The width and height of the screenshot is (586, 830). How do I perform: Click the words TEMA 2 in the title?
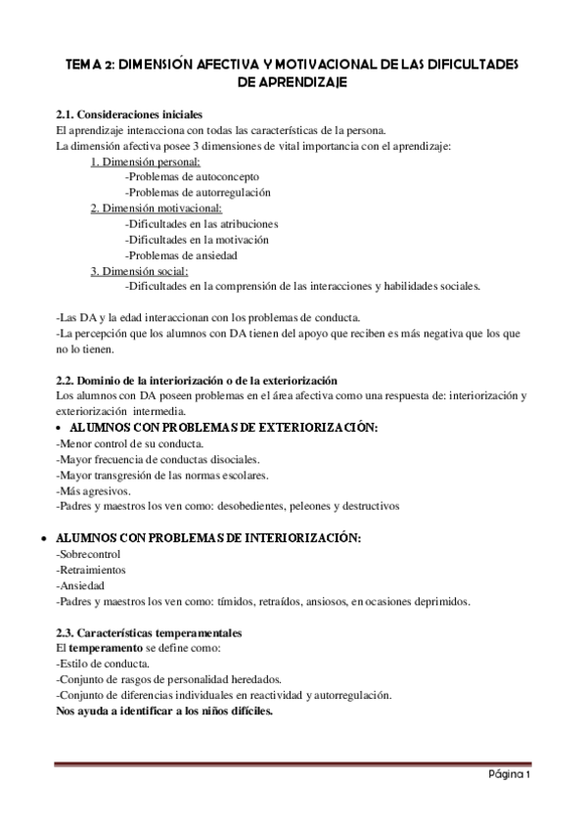click(x=89, y=64)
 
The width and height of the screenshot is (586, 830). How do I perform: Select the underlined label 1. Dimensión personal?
click(x=146, y=162)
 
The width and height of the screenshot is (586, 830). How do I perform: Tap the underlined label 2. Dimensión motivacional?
click(x=157, y=208)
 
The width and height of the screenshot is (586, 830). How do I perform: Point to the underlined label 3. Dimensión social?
click(x=140, y=271)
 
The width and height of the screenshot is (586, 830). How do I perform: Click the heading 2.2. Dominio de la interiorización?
click(x=197, y=379)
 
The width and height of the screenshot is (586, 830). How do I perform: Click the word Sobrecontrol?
click(x=91, y=555)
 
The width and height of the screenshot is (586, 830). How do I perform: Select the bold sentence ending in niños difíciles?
click(x=164, y=712)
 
